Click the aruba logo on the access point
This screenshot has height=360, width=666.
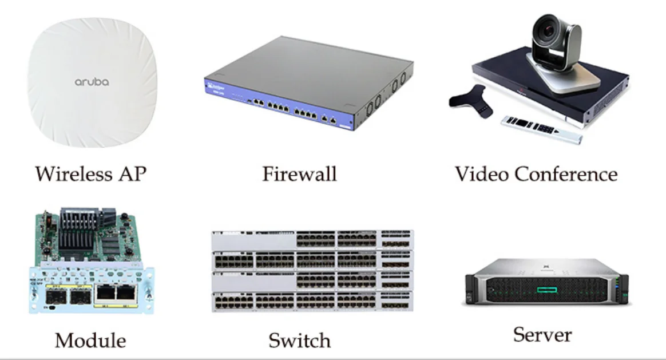[x=92, y=82]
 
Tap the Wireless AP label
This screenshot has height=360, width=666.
[x=90, y=173]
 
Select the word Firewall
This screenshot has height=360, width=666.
[x=299, y=173]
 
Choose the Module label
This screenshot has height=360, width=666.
[x=90, y=341]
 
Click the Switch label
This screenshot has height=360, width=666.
[x=299, y=341]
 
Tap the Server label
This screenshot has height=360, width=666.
[x=542, y=334]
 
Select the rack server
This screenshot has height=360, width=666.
[x=546, y=282]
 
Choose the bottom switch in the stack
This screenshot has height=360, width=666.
[x=312, y=302]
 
